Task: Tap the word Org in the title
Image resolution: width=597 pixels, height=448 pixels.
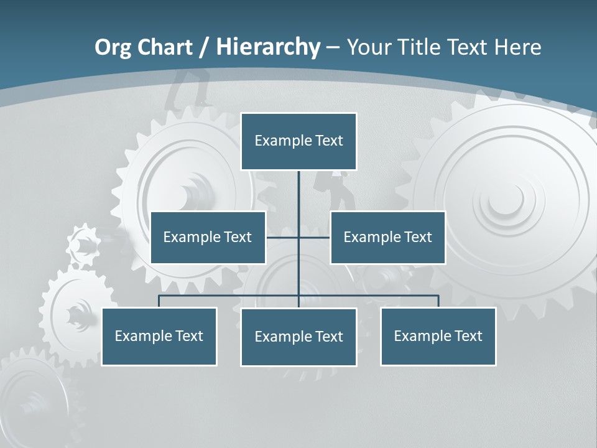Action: click(x=113, y=47)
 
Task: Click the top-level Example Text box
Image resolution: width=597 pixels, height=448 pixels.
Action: click(x=298, y=141)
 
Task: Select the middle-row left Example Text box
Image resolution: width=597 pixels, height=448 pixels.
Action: click(x=208, y=238)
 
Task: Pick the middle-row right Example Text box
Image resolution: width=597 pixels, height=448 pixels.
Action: click(x=387, y=238)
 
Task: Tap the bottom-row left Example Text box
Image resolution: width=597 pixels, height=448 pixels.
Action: click(x=159, y=337)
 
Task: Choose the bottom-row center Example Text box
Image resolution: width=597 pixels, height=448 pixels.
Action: click(x=298, y=337)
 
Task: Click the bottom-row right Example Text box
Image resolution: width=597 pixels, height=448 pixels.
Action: click(x=438, y=337)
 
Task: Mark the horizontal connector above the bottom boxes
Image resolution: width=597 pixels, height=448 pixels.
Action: click(x=373, y=296)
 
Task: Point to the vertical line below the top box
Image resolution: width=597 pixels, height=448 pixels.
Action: click(x=298, y=193)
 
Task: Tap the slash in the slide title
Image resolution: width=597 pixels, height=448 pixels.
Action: click(x=203, y=47)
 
